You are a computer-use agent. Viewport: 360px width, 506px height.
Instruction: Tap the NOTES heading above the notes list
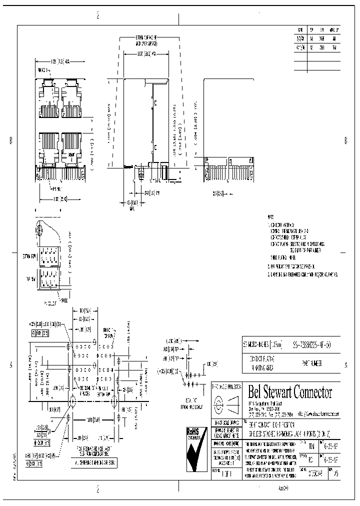click(x=270, y=218)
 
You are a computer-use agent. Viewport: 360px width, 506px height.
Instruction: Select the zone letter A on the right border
click(x=346, y=365)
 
